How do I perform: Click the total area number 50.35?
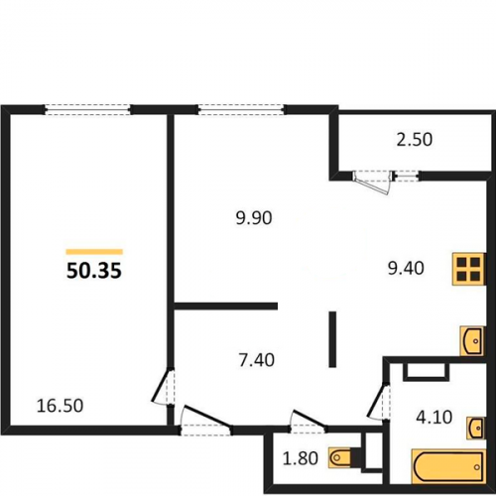(94, 271)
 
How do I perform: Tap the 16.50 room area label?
(60, 406)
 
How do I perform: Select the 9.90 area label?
(254, 218)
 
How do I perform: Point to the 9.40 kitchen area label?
(406, 268)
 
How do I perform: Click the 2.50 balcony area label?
(415, 140)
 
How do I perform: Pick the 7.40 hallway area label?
(257, 360)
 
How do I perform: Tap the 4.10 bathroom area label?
(434, 418)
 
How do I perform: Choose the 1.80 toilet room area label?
(301, 458)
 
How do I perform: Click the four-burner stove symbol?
(469, 269)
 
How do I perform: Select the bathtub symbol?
(448, 466)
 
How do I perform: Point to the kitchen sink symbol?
(472, 341)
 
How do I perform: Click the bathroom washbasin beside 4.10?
(476, 428)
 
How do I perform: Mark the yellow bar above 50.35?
(94, 252)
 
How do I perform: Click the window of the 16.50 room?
(87, 109)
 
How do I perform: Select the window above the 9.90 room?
(241, 109)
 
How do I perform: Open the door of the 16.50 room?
(164, 387)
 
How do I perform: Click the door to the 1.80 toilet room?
(309, 422)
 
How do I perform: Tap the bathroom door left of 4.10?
(378, 401)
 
